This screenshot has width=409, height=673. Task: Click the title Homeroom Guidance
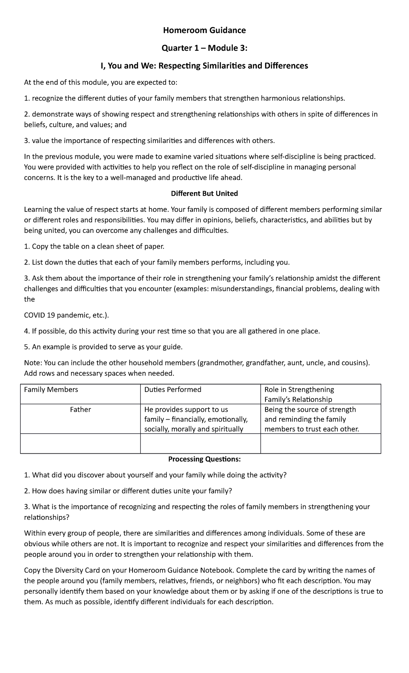204,31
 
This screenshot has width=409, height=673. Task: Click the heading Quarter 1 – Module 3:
204,48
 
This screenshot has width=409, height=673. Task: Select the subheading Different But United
204,193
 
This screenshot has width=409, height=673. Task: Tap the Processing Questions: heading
204,459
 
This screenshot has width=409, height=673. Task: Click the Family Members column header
51,390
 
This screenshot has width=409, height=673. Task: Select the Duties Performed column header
173,390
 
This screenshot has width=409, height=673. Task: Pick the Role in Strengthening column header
299,390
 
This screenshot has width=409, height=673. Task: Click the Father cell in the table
80,410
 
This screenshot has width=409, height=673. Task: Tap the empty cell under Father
80,443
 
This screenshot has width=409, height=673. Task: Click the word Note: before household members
33,363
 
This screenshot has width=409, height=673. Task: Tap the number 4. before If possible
27,331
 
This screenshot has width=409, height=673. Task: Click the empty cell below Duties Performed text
200,443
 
